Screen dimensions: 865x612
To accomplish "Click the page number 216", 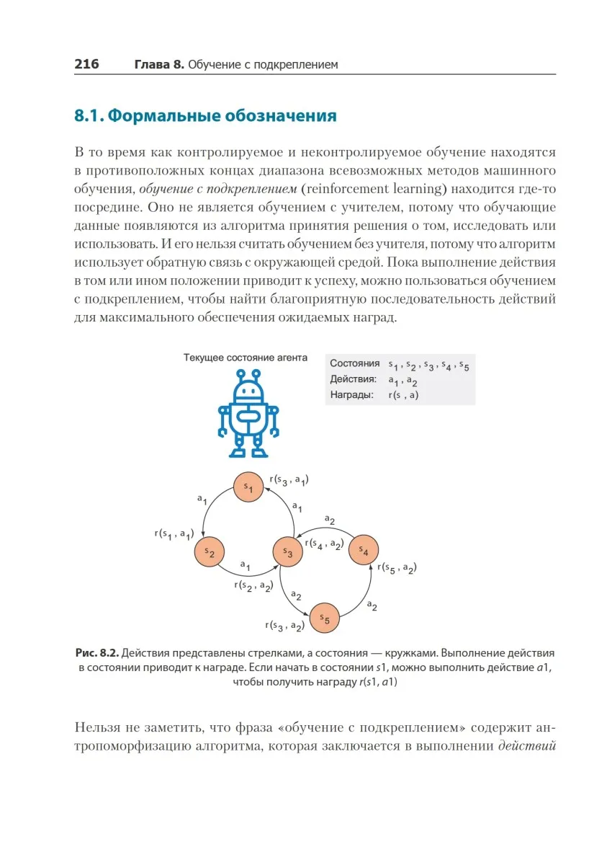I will [x=86, y=64].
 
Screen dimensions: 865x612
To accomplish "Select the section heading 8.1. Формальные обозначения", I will [x=205, y=116].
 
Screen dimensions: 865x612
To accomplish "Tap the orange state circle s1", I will [x=248, y=488].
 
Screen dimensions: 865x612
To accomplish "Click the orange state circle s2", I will [x=210, y=552].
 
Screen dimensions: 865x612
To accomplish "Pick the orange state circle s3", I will [x=287, y=552].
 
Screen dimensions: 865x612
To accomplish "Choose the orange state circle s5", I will [x=325, y=618].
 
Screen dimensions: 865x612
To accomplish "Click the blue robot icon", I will [x=248, y=414].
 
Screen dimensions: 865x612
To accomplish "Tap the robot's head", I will [x=248, y=390].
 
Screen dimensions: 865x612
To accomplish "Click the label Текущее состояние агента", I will [x=246, y=358].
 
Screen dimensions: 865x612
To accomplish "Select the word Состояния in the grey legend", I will [x=354, y=364].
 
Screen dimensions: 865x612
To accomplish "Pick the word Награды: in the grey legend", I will [x=351, y=395].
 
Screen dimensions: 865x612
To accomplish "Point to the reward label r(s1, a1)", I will [x=174, y=534].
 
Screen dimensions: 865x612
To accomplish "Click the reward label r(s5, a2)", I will [x=397, y=567].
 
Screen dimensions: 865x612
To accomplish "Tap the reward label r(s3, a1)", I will [x=289, y=479].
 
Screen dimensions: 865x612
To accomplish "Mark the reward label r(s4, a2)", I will [x=323, y=544].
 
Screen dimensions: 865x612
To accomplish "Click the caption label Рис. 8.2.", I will [x=97, y=653].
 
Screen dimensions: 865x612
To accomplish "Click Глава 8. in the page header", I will [x=159, y=65].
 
